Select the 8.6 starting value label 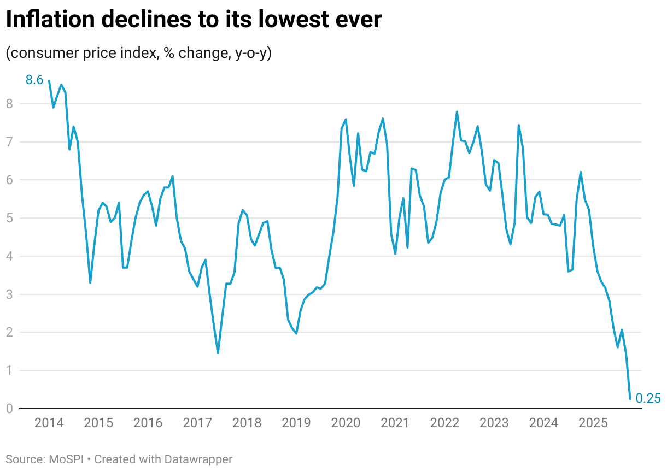pos(34,80)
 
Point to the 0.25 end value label pos(649,399)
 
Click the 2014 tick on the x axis pos(49,423)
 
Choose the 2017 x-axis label pos(197,423)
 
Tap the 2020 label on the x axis pos(346,423)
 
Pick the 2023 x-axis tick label pos(494,423)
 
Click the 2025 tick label pos(593,423)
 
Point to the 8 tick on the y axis pos(9,104)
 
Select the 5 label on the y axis pos(9,218)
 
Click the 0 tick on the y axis pos(9,409)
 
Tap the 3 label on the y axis pos(9,294)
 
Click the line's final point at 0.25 pos(630,399)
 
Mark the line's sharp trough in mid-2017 pos(218,353)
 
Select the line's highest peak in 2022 pos(457,112)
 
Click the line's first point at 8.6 pos(49,81)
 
